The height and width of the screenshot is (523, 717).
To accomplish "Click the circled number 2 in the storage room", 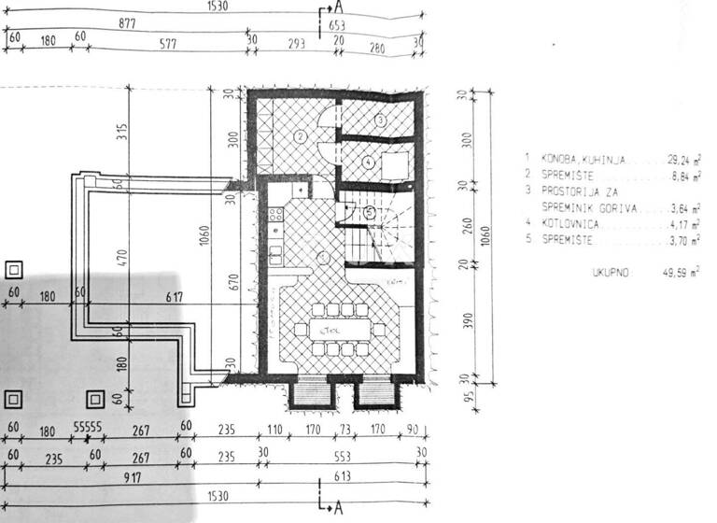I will (301, 136).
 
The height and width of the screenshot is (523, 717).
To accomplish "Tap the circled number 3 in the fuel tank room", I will (380, 120).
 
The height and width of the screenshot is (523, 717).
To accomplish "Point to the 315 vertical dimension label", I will (119, 132).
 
